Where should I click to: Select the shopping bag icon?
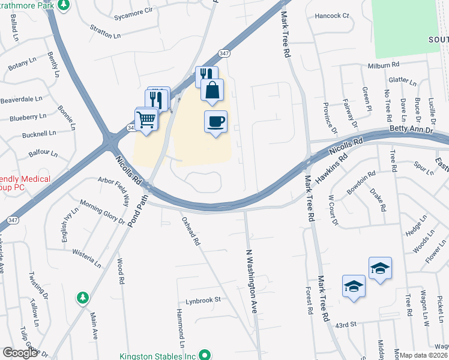pos(212,91)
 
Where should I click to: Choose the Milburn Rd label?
pos(383,64)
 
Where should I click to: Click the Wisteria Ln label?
pos(86,256)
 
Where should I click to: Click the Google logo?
pos(20,353)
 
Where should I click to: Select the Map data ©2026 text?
pos(424,355)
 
